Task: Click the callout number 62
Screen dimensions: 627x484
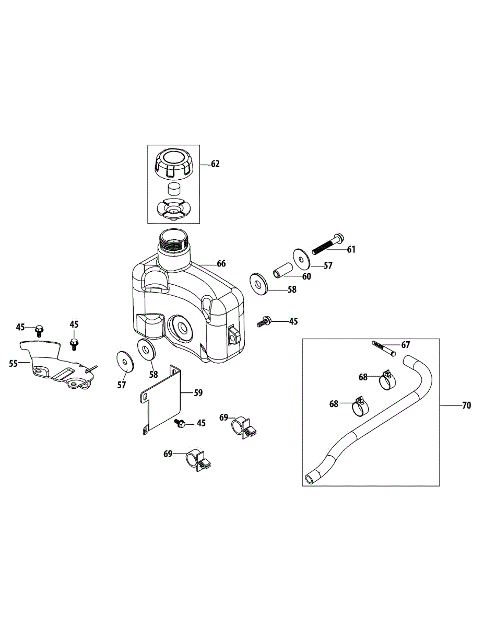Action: coord(215,164)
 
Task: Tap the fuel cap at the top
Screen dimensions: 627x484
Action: coord(174,162)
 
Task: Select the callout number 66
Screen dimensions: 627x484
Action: coord(221,263)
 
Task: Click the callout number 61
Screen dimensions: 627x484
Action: coord(351,250)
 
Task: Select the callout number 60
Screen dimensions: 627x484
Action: coord(306,276)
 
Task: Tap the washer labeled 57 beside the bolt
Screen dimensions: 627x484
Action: coord(301,258)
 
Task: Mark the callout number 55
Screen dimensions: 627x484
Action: coord(14,363)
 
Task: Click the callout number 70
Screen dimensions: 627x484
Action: coord(466,405)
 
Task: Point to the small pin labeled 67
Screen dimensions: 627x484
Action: coord(384,347)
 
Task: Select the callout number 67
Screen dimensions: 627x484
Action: coord(406,344)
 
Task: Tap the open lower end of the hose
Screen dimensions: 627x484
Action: coord(310,478)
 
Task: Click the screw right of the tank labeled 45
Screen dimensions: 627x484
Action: coord(264,321)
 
